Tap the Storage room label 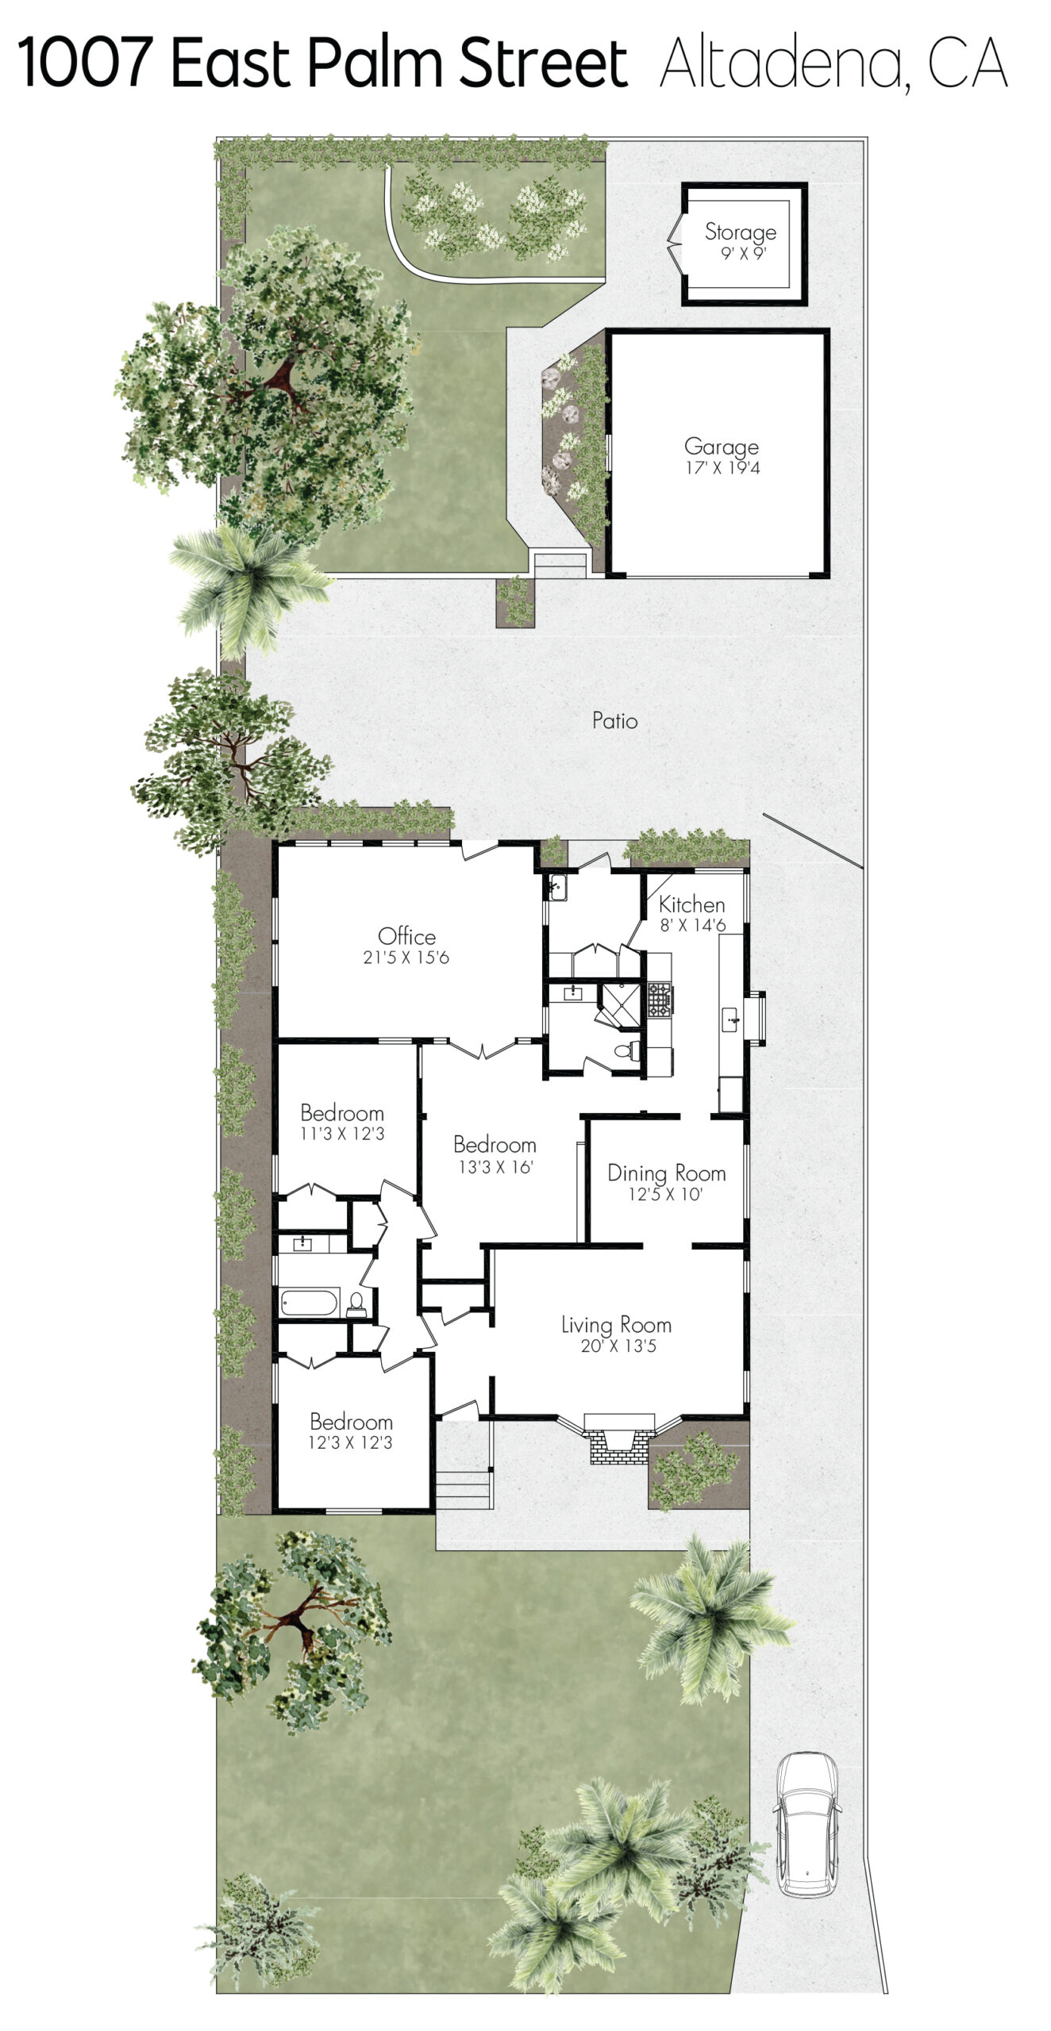coord(741,232)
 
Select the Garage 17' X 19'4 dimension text coord(722,467)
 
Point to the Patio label coord(614,720)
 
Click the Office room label coord(406,936)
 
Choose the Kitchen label coord(691,904)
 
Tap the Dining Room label coord(667,1173)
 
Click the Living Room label coord(617,1325)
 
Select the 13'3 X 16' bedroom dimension coord(495,1167)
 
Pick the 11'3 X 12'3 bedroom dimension coord(342,1134)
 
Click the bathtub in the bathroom coord(310,1303)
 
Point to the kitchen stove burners coord(660,999)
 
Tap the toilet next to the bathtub coord(356,1303)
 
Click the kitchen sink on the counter coord(730,1019)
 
